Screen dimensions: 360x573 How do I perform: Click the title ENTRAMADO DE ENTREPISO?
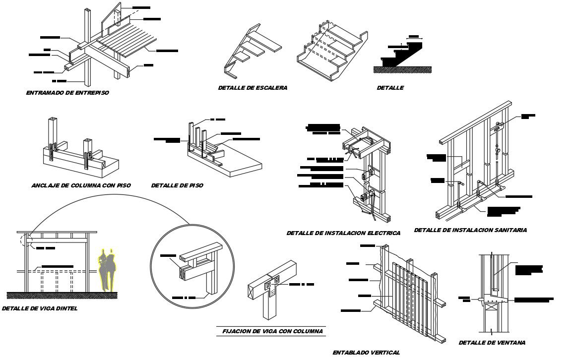(67, 93)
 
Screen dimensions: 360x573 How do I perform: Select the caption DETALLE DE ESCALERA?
(253, 88)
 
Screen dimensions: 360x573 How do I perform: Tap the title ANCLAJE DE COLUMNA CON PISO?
(81, 185)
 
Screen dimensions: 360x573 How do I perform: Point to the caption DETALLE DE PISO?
(177, 185)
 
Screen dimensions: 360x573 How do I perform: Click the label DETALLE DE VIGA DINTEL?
(40, 308)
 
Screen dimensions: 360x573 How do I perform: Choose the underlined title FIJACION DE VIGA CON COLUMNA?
(270, 331)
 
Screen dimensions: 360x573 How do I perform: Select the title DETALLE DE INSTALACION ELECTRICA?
(343, 233)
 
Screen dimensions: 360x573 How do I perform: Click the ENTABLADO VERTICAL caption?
(366, 353)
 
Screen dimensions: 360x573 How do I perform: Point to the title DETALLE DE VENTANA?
(492, 343)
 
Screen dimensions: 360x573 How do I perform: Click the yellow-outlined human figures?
(108, 268)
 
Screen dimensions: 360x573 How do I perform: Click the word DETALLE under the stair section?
(390, 88)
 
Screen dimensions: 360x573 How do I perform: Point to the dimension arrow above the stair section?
(413, 37)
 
